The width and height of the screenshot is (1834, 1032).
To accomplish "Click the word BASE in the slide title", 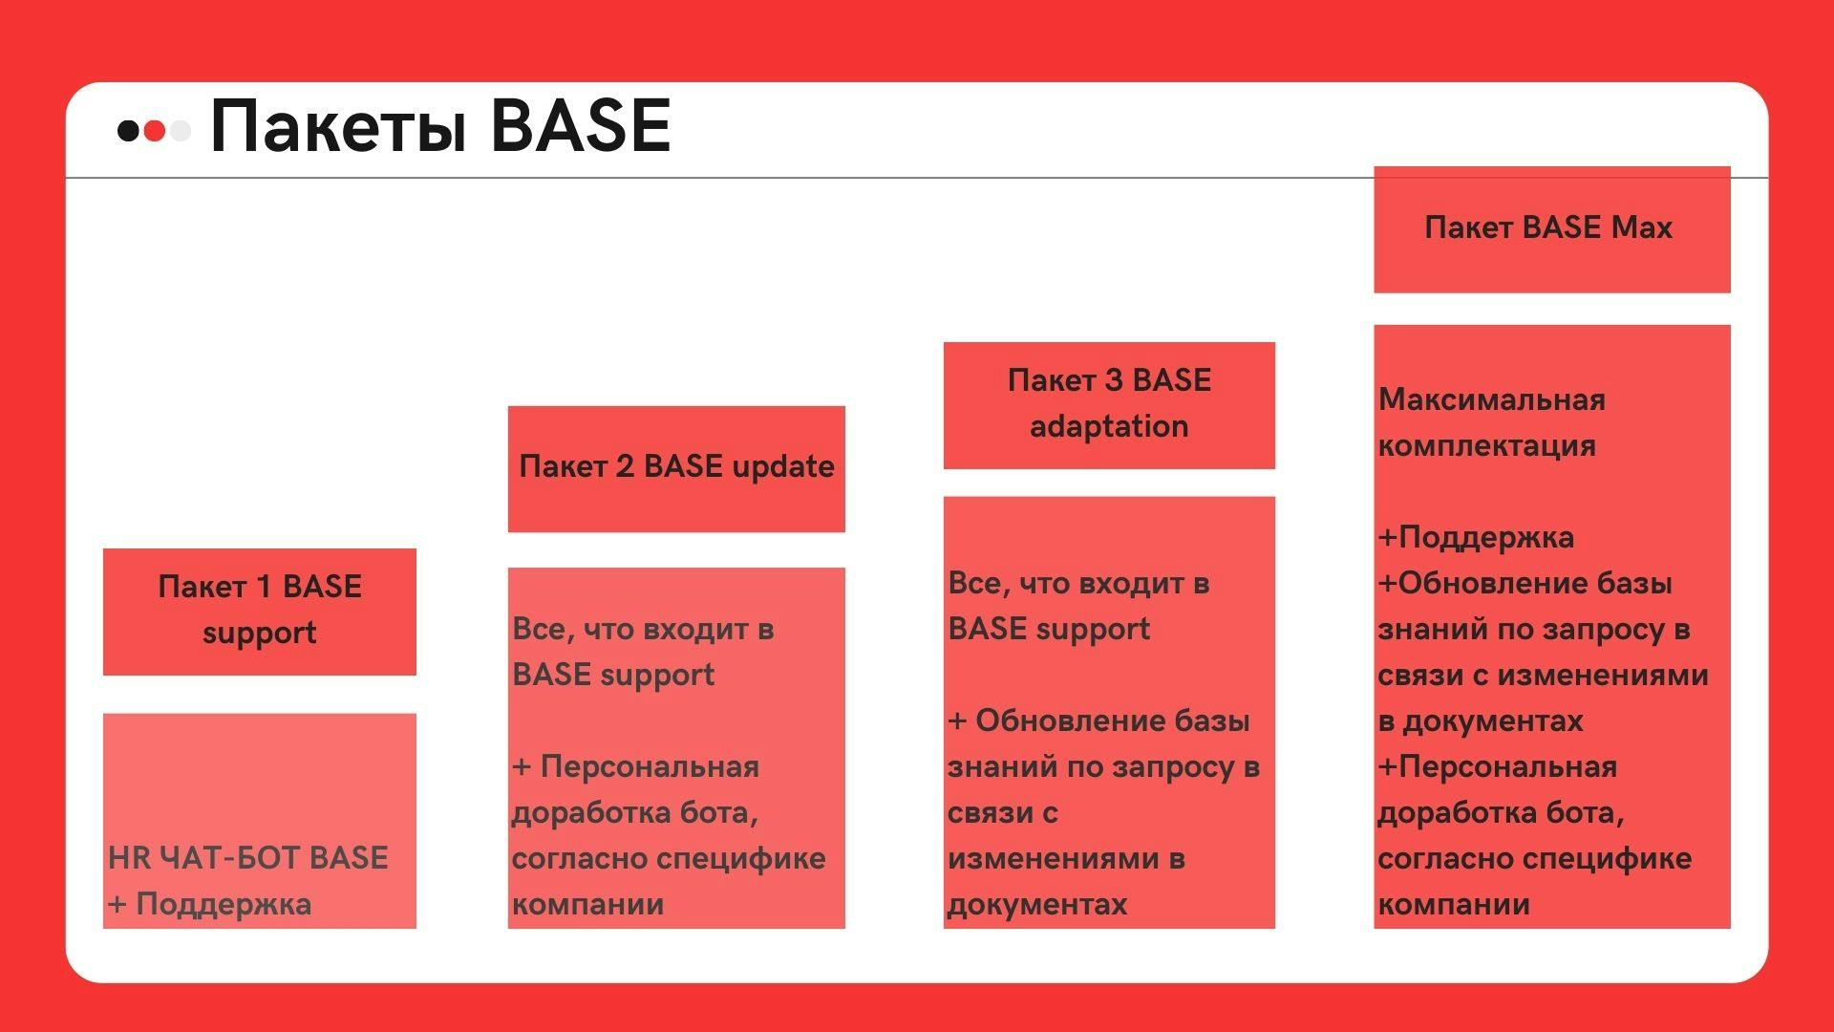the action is click(x=580, y=125).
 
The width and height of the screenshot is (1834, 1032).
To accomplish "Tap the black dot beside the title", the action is click(x=127, y=130).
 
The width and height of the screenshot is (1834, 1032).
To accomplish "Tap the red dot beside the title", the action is click(x=154, y=130).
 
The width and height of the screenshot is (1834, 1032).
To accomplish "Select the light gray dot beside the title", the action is click(x=180, y=130).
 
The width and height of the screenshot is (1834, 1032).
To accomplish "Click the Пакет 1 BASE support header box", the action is click(x=260, y=612).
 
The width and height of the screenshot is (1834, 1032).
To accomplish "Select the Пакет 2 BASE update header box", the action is click(x=676, y=469).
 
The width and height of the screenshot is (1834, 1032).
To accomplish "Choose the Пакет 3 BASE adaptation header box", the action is click(x=1109, y=405).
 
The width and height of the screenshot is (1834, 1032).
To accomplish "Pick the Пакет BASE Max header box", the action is click(x=1552, y=229).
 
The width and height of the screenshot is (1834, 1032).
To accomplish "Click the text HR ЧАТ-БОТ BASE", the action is click(x=248, y=858).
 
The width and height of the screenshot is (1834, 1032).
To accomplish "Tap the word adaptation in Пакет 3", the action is click(x=1109, y=426).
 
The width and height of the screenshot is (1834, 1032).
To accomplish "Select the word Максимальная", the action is click(x=1491, y=399).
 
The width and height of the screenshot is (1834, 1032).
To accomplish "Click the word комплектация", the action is click(x=1486, y=445).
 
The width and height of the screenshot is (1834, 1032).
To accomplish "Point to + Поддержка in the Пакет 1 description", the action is click(x=210, y=904).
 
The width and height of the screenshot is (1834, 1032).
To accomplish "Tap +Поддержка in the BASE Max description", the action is click(x=1476, y=537).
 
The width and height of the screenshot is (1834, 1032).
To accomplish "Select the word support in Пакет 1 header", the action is click(x=260, y=634).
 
